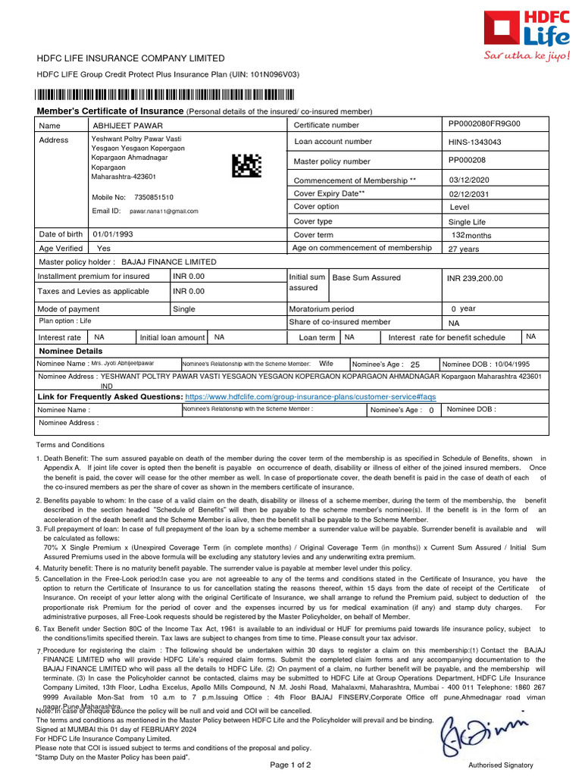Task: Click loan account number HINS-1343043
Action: click(x=475, y=142)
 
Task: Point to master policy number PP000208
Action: click(x=468, y=161)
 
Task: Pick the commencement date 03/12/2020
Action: click(x=470, y=180)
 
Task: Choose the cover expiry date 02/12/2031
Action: click(x=470, y=194)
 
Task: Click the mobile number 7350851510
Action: click(x=154, y=197)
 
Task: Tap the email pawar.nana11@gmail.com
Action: click(x=164, y=211)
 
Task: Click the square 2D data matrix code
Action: click(x=246, y=166)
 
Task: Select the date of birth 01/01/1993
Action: click(x=113, y=234)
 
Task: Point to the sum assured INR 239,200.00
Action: click(x=475, y=278)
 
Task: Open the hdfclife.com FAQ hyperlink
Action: click(x=311, y=396)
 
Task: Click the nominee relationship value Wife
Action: click(x=327, y=364)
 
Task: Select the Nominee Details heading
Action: click(x=70, y=351)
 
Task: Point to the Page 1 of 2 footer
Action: click(x=290, y=765)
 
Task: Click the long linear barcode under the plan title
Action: click(x=164, y=95)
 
